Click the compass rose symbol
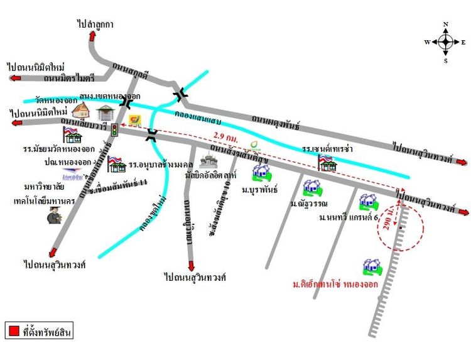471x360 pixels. tap(445, 42)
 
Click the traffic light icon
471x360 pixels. tap(114, 130)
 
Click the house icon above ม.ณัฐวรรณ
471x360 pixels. tap(311, 187)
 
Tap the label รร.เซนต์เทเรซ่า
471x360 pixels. tap(327, 150)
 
